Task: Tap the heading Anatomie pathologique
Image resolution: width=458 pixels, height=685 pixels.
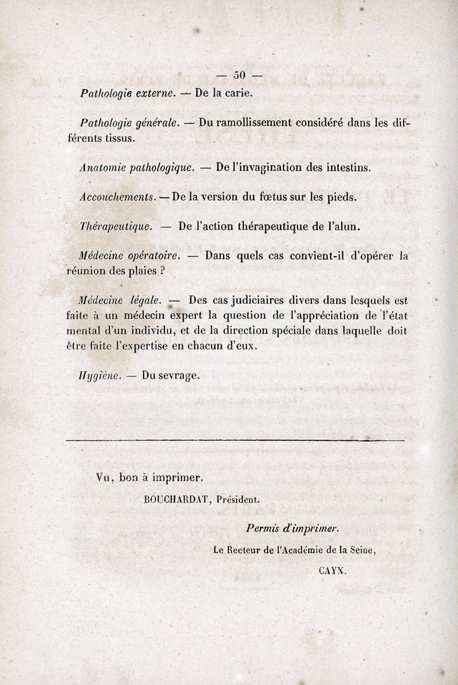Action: [137, 168]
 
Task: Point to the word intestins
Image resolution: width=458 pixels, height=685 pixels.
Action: [343, 168]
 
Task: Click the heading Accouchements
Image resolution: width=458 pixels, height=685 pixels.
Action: [117, 196]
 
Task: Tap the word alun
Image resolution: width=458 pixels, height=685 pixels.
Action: [345, 226]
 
